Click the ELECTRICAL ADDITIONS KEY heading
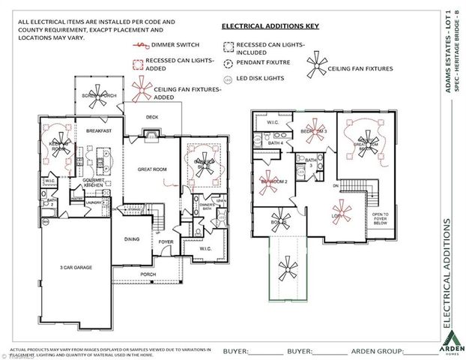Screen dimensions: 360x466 click(270, 26)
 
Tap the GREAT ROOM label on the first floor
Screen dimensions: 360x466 click(151, 169)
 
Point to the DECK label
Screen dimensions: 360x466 click(152, 116)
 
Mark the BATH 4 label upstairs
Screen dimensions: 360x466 click(275, 142)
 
